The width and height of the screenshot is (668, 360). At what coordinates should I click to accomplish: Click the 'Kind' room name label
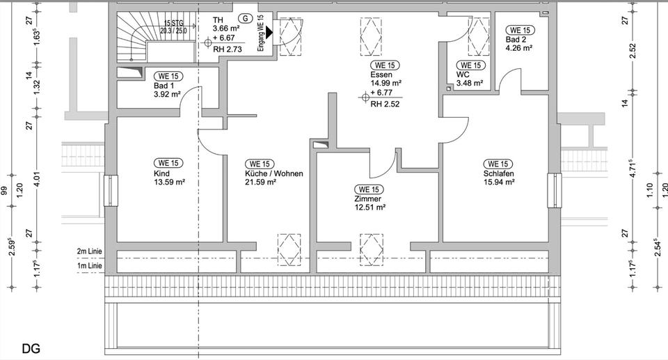coord(161,173)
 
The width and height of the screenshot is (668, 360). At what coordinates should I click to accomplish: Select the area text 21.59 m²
coord(261,182)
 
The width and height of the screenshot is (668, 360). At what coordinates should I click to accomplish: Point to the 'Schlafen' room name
coord(498,173)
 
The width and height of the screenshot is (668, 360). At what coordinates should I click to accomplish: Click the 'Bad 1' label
coord(164,86)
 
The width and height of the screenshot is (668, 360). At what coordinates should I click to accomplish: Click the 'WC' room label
coord(463,75)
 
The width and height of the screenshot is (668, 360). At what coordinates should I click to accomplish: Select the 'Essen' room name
coord(381,75)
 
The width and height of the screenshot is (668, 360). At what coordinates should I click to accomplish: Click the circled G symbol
coord(244,18)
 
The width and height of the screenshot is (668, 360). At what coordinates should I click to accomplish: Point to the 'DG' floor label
coord(31,347)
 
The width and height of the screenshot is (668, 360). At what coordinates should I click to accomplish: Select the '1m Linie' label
coord(90,266)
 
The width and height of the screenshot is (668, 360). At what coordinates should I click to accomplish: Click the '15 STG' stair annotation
coord(173,23)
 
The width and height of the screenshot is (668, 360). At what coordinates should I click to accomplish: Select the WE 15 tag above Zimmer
coord(368,189)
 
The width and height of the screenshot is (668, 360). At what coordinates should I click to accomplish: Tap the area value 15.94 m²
coord(499,182)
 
